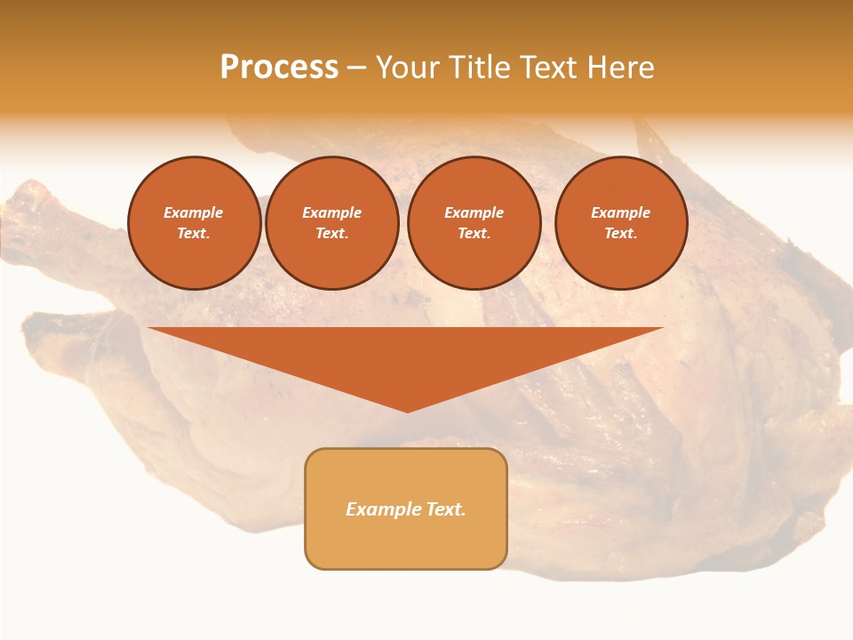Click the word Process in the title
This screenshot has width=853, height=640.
[x=279, y=68]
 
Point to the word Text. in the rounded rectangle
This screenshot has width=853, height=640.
[x=446, y=509]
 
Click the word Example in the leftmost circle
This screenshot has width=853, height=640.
[x=194, y=212]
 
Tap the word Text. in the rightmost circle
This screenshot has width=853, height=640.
[x=621, y=233]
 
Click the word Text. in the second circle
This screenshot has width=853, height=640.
[x=331, y=233]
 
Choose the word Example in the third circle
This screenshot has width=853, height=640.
[x=474, y=212]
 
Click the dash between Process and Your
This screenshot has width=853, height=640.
[x=356, y=68]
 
